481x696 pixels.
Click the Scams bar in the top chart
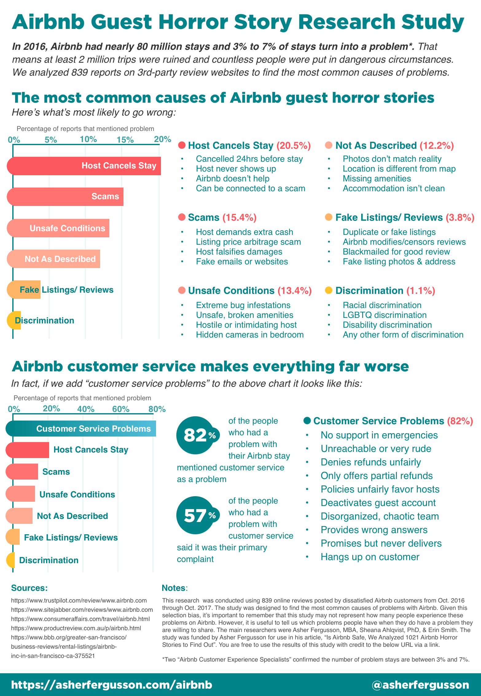[65, 197]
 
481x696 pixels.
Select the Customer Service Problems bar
[81, 429]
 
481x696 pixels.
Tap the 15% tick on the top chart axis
[125, 140]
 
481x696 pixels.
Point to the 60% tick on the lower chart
[121, 409]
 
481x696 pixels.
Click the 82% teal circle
[196, 435]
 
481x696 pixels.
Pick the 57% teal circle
[196, 515]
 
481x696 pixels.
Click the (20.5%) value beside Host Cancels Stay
[294, 145]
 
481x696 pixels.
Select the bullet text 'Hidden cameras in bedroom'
[250, 334]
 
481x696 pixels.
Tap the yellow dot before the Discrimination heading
[328, 290]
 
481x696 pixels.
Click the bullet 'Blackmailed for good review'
[396, 251]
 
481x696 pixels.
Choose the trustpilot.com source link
[79, 600]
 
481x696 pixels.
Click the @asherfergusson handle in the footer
[420, 685]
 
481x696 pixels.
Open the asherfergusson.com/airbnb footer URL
[112, 685]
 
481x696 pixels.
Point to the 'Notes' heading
[174, 588]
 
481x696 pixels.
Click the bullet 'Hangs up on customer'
[370, 557]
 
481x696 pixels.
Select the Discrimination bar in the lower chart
[10, 560]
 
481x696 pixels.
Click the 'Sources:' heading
[29, 588]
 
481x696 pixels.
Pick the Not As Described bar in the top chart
[54, 259]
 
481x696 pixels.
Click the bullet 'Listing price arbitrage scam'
[248, 242]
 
